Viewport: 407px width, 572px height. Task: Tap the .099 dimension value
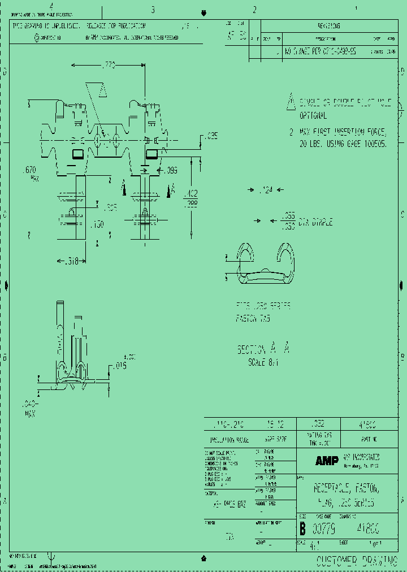(171, 170)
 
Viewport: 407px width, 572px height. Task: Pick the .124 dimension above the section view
(265, 190)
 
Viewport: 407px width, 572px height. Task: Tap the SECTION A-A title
(263, 349)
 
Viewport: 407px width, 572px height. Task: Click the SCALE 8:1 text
(264, 362)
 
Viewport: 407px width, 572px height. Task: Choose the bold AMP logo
(327, 461)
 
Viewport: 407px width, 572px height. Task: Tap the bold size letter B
(302, 530)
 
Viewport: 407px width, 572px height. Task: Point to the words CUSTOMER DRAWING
(357, 561)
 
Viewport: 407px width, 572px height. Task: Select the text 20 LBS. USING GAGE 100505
(343, 144)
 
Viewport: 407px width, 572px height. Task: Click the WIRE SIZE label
(275, 438)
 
